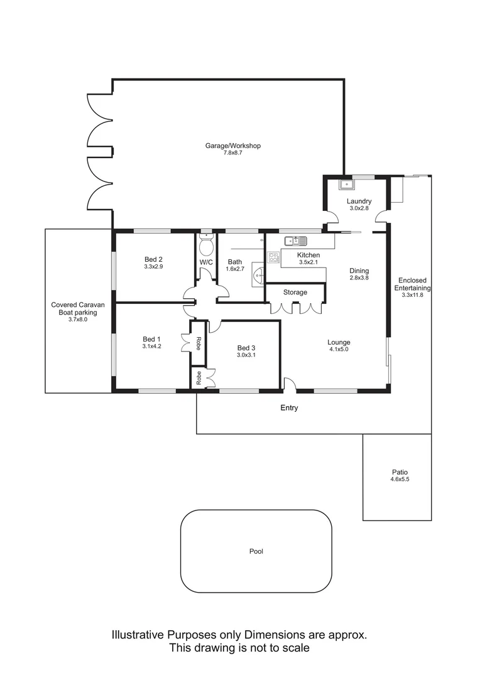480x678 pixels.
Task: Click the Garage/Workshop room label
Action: (232, 146)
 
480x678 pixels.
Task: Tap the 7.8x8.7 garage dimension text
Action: (232, 153)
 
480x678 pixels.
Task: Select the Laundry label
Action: (359, 202)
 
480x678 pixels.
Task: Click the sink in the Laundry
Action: (346, 185)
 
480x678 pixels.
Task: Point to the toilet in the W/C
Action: (206, 243)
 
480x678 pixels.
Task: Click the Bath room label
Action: (235, 262)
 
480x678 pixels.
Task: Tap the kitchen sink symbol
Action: (295, 240)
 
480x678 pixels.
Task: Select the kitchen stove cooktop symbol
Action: (273, 257)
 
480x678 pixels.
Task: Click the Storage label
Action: (295, 293)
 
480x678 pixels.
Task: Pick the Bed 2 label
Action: (154, 259)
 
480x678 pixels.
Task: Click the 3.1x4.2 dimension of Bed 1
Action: (152, 347)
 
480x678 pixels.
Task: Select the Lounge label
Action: (339, 342)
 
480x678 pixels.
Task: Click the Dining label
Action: (359, 271)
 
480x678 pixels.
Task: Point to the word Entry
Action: (289, 408)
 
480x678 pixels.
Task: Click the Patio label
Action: (397, 472)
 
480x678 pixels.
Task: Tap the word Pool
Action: (256, 552)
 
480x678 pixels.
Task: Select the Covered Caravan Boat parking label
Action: (79, 308)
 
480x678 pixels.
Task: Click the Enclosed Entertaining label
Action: (412, 284)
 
